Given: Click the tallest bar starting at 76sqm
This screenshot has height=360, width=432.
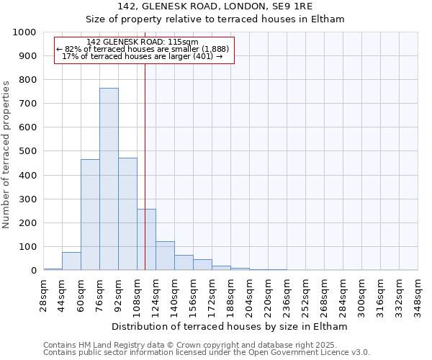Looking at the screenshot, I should pos(109,179).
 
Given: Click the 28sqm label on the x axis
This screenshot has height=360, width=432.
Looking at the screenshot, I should pos(43,294).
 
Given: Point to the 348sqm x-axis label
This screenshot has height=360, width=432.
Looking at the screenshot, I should pos(418,294).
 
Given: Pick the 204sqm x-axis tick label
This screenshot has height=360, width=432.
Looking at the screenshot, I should pos(249,294).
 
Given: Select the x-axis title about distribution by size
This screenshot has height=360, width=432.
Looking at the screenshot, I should pos(230,326).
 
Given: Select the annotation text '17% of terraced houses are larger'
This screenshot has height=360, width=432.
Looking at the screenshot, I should pos(143,56).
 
